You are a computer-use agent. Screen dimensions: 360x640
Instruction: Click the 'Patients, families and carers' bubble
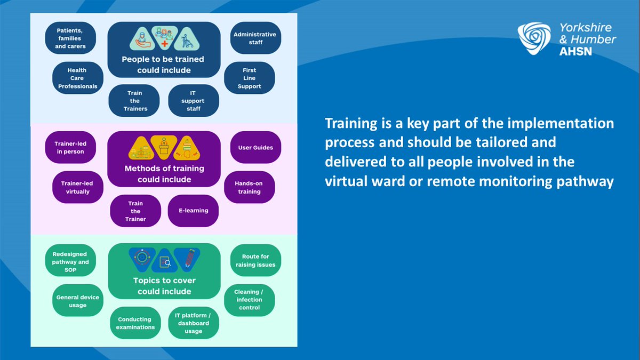coord(70,38)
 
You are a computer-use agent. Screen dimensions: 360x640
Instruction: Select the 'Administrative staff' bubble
coord(255,38)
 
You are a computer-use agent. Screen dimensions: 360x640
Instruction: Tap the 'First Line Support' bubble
coord(249,78)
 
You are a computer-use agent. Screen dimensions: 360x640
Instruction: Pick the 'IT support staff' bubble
coord(193,100)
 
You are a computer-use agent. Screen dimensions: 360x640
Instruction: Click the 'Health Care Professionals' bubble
coord(77,78)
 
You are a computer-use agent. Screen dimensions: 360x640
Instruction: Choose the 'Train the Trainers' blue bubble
coord(134,100)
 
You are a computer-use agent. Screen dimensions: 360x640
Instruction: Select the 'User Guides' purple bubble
coord(255,147)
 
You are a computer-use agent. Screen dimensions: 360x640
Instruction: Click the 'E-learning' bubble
coord(193,210)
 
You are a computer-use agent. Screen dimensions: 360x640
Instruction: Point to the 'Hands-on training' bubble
coord(249,187)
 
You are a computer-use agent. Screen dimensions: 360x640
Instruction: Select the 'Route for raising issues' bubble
coord(255,260)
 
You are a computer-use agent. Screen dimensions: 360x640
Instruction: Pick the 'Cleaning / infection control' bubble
coord(249,300)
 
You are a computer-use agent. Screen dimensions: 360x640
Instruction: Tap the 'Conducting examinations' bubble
coord(135,323)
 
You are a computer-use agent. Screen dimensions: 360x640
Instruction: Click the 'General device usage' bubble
coord(77,301)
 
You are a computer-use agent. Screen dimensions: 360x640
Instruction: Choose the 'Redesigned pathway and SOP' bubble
coord(70,262)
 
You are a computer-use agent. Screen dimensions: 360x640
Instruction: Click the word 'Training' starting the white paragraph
coord(349,124)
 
